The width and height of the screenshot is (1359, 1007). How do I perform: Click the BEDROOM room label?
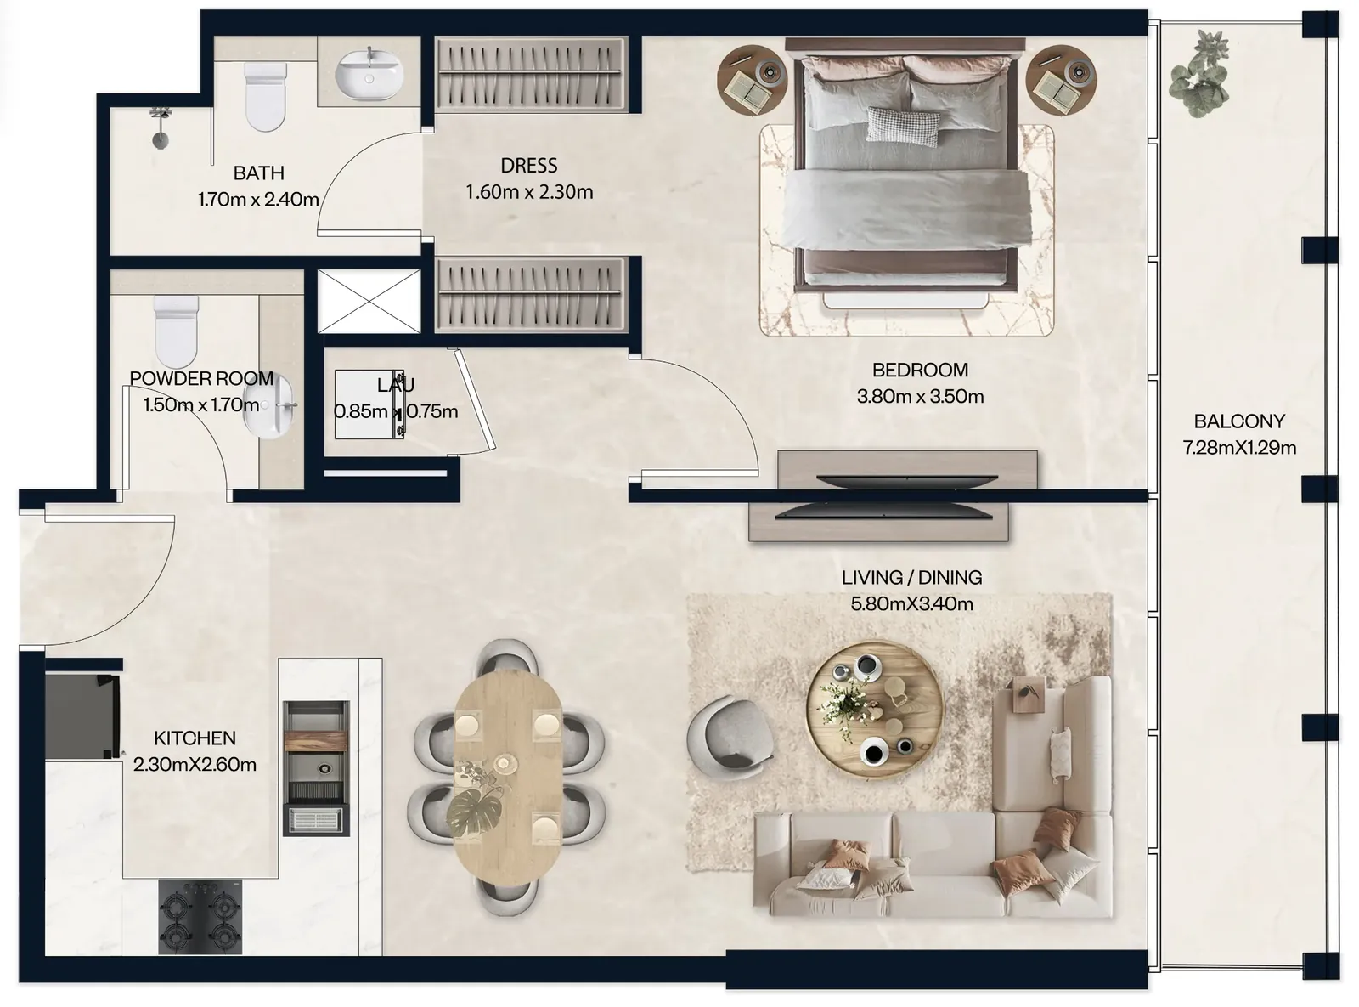(x=920, y=370)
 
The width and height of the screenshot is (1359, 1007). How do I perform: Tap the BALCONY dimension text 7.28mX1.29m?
(x=1239, y=448)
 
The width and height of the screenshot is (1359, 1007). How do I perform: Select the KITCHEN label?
(x=195, y=738)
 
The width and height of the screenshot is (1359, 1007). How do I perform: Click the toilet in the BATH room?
(x=265, y=98)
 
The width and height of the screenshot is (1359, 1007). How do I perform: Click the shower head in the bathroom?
(x=161, y=127)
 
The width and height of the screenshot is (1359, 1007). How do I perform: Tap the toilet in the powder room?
(x=176, y=331)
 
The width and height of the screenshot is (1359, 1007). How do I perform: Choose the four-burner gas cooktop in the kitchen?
(x=200, y=918)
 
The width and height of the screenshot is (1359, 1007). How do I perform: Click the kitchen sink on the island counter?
(x=316, y=768)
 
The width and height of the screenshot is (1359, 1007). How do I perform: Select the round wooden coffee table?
(x=874, y=710)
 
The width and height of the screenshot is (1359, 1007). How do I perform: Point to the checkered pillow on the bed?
(x=903, y=127)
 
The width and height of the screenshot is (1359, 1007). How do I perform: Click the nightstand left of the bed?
(x=753, y=79)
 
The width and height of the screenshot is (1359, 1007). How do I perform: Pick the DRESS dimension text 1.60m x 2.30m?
(x=529, y=192)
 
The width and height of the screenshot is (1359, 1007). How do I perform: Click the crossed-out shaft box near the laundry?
(x=369, y=301)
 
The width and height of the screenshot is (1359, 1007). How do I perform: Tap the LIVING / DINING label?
(x=911, y=577)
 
